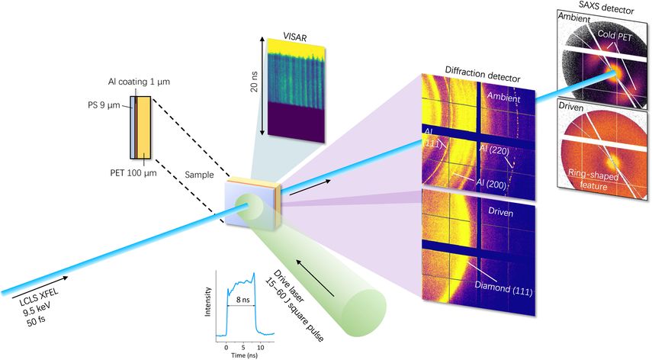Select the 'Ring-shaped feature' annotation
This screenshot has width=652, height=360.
click(593, 179)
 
